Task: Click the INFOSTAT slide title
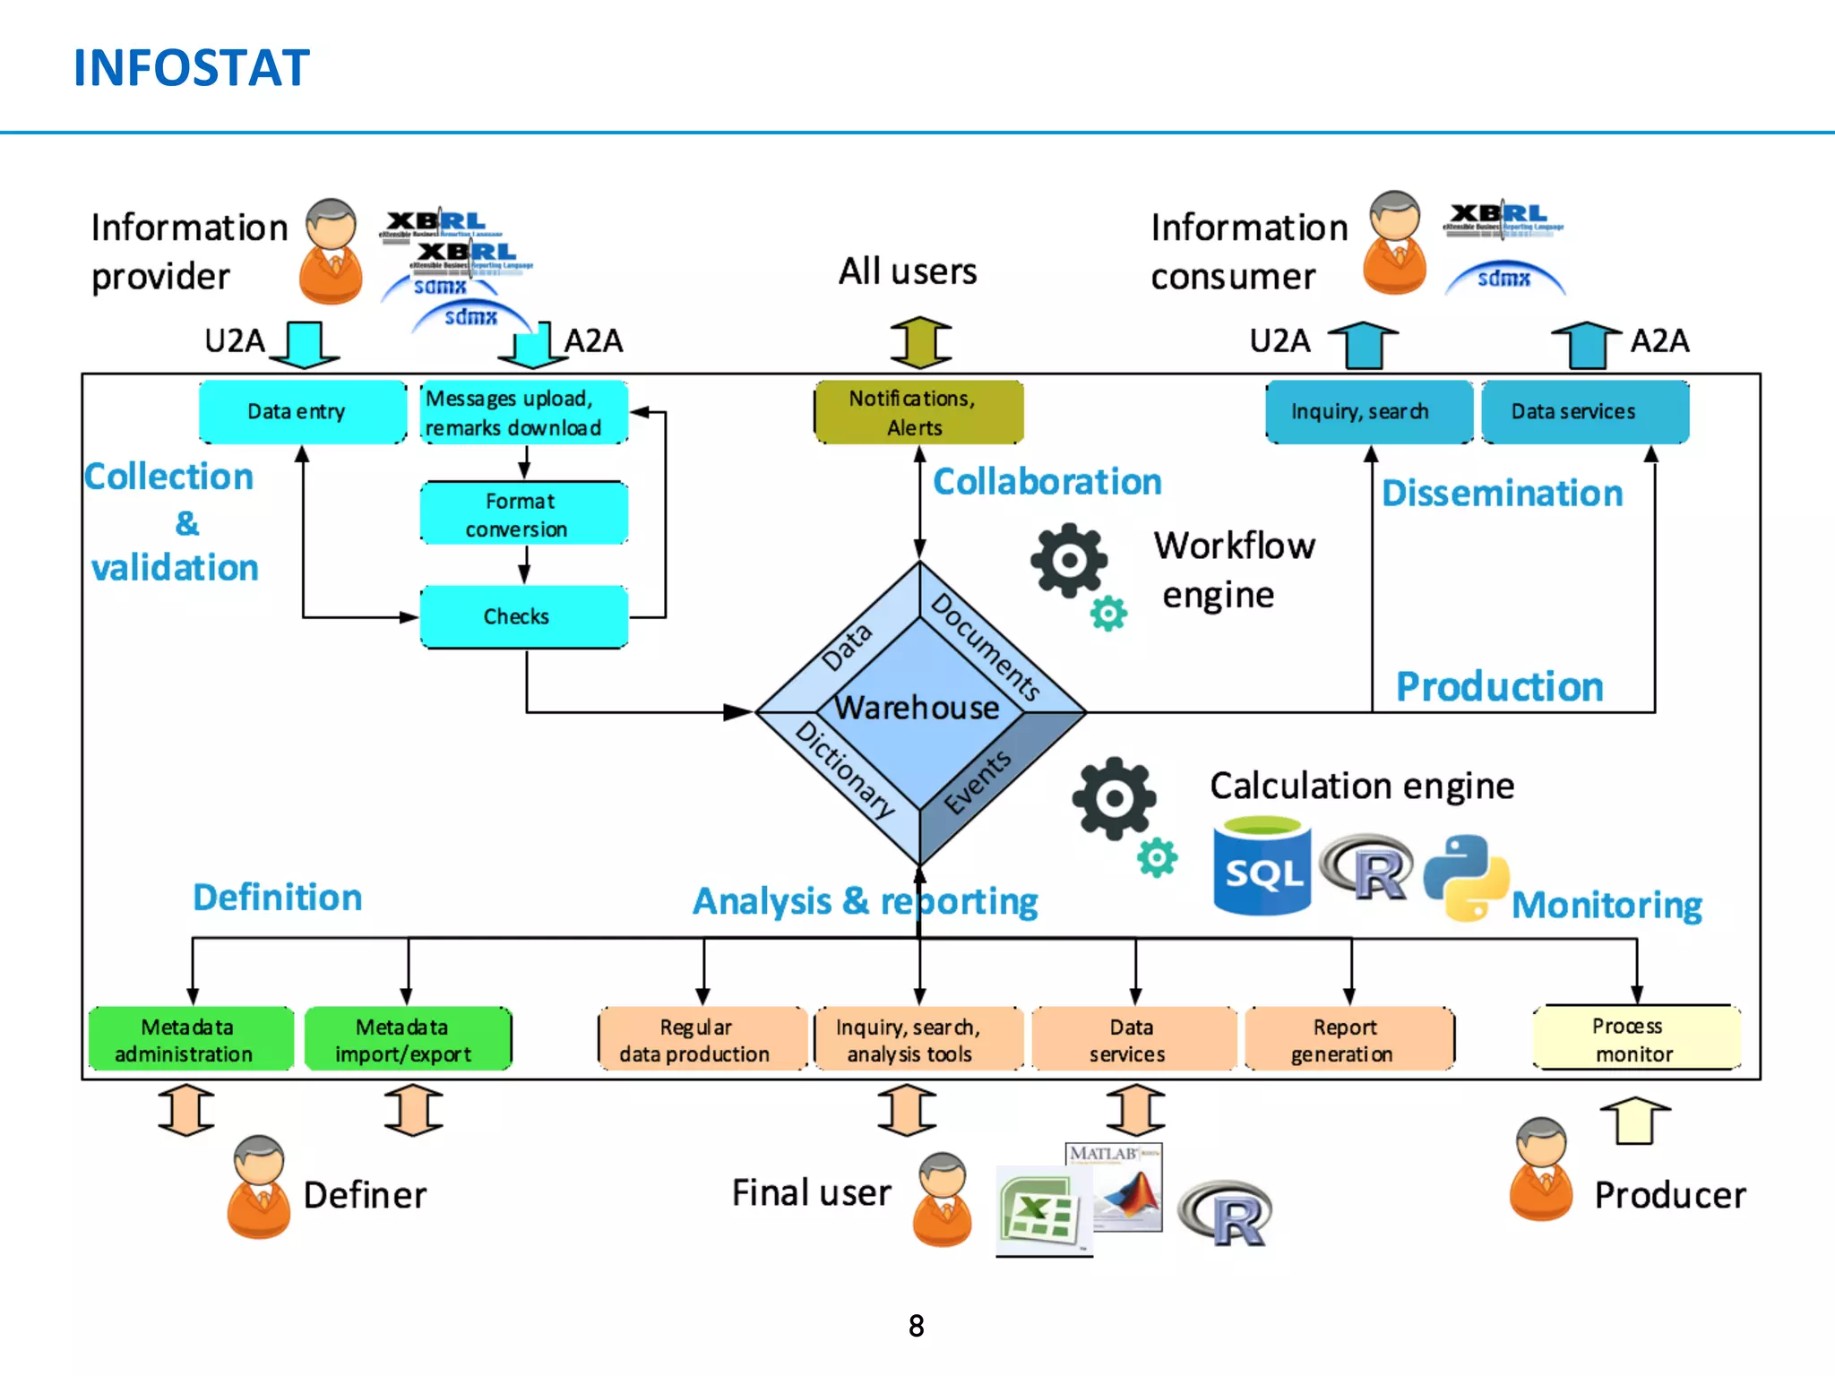click(191, 68)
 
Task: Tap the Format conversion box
click(523, 514)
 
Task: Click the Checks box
click(523, 617)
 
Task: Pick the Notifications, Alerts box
click(918, 412)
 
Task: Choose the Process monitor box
click(1636, 1038)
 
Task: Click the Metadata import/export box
click(408, 1039)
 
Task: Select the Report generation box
click(1348, 1039)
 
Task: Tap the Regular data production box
click(702, 1039)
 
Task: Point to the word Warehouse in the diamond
click(917, 708)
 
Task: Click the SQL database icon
click(1262, 866)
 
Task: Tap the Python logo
click(1465, 877)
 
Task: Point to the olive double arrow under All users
click(920, 342)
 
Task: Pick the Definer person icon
click(259, 1186)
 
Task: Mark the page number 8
click(916, 1326)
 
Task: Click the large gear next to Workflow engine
click(1068, 561)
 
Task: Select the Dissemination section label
click(1502, 494)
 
